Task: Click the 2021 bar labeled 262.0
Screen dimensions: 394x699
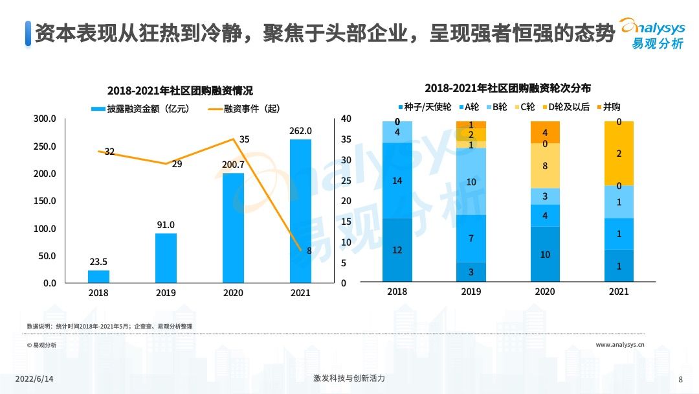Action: (x=300, y=211)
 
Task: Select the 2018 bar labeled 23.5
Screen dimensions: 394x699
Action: (x=98, y=277)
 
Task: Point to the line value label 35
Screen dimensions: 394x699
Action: (x=244, y=139)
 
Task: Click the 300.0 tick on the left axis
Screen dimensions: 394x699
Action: (x=45, y=119)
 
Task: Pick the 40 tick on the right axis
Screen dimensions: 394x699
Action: (x=346, y=119)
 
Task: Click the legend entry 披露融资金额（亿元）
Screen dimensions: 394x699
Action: (x=140, y=109)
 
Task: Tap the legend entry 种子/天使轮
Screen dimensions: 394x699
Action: (x=423, y=107)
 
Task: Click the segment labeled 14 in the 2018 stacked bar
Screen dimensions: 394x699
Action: (x=397, y=180)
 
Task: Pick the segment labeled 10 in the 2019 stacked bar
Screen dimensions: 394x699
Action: (x=471, y=181)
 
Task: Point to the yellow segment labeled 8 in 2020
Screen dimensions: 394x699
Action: (x=545, y=165)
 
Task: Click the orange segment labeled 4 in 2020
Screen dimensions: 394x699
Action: (x=545, y=132)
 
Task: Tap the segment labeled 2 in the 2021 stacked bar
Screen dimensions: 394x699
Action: (x=619, y=154)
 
